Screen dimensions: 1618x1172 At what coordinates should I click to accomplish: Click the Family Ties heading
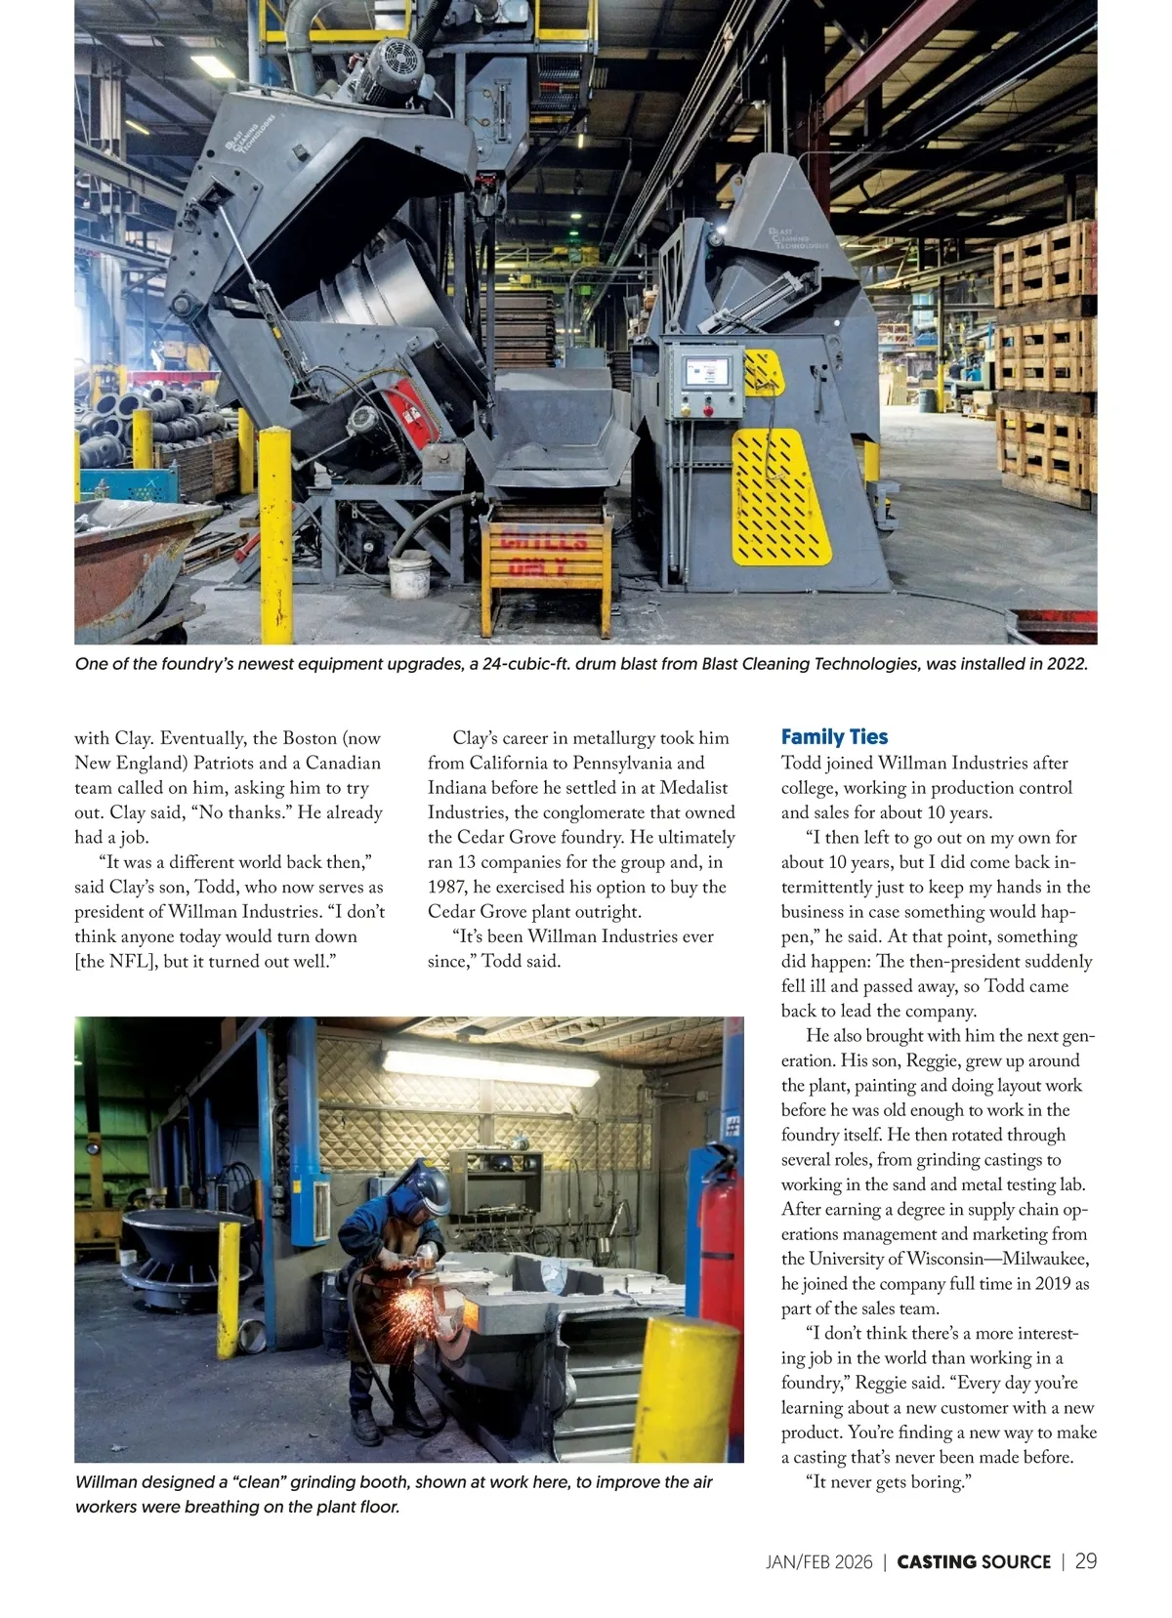click(x=834, y=737)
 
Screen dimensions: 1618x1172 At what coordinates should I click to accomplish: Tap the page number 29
click(x=1085, y=1561)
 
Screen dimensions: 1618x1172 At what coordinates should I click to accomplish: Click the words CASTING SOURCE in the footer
click(x=973, y=1562)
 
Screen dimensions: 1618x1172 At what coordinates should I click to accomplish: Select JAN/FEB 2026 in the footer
click(x=818, y=1562)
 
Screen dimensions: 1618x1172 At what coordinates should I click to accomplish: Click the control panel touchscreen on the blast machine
click(x=706, y=372)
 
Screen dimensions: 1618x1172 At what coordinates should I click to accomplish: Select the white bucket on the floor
click(x=409, y=575)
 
